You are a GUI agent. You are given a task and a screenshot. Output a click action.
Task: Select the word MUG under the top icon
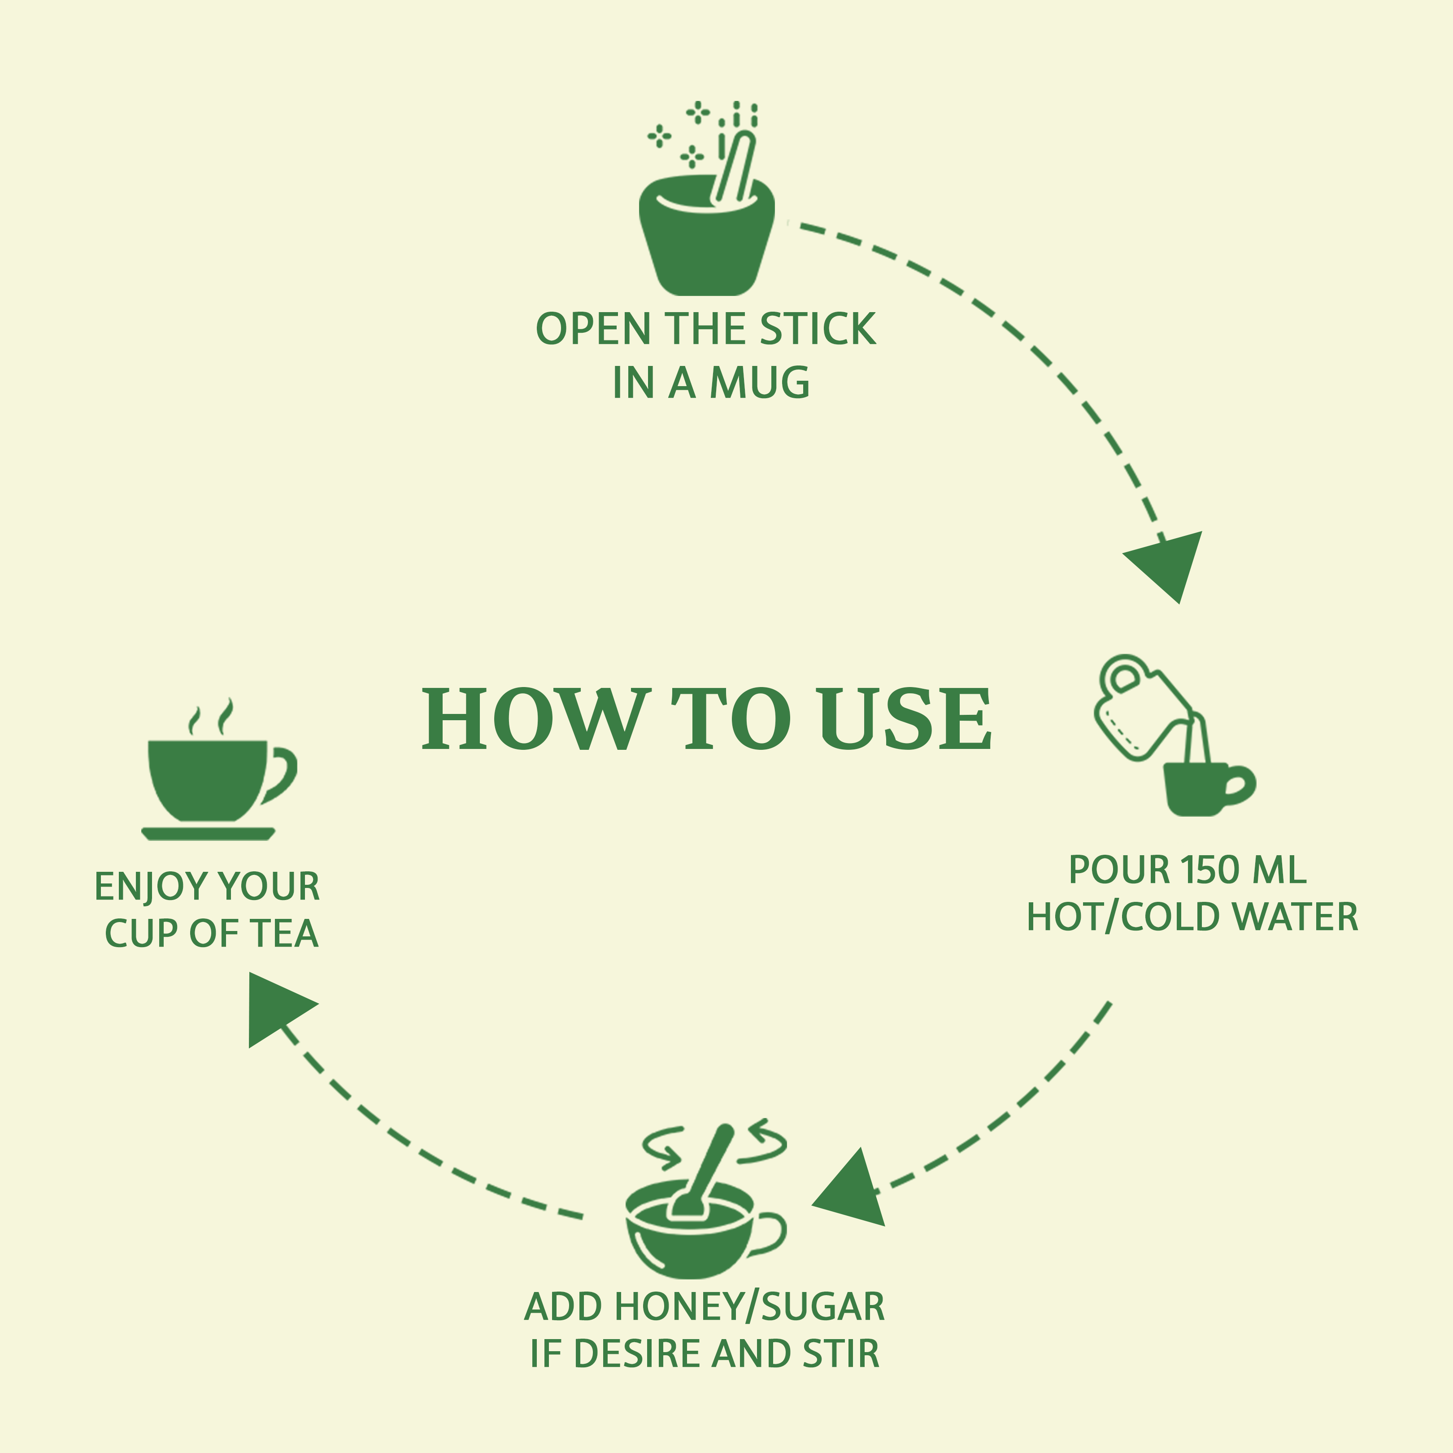(x=760, y=383)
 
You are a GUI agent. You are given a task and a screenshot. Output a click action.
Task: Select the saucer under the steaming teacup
(x=209, y=833)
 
